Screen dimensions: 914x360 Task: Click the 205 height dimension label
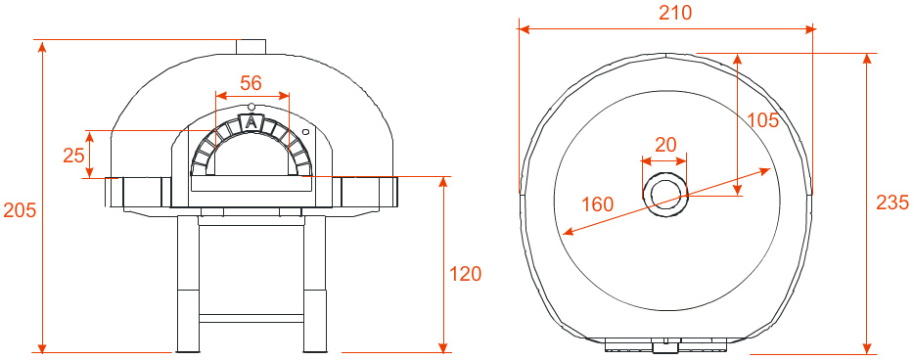(20, 210)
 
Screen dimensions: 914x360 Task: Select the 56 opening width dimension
(251, 83)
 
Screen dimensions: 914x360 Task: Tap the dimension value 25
(74, 156)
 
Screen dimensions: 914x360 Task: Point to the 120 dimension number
(466, 274)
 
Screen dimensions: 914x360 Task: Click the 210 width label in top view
(675, 13)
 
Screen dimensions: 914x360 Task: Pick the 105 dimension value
(763, 120)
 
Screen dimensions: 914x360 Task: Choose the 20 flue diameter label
(665, 145)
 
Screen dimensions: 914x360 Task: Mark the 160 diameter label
(598, 204)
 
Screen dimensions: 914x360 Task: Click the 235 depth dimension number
(892, 202)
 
